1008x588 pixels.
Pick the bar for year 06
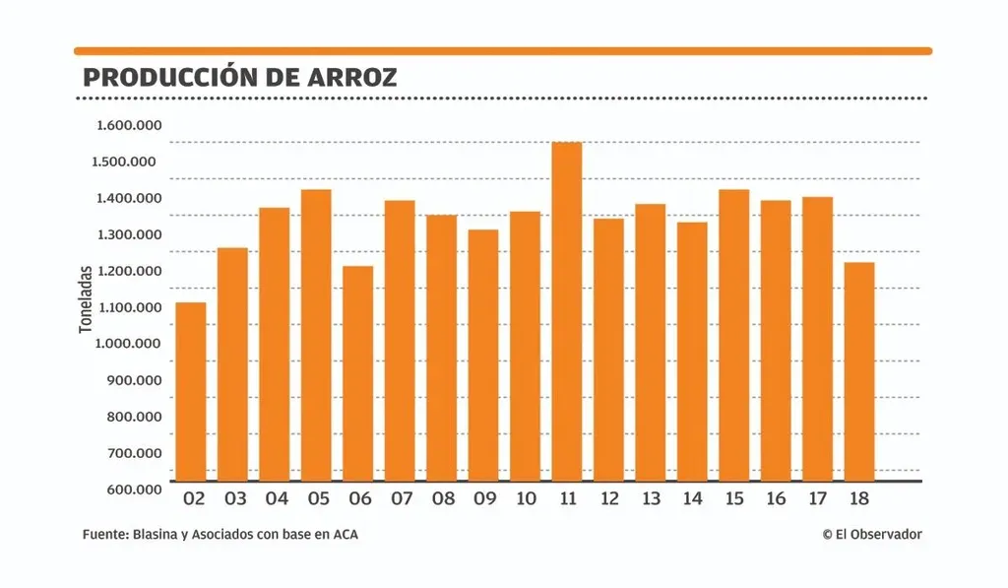tap(357, 373)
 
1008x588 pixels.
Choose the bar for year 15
tap(733, 335)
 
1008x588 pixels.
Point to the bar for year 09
tap(482, 355)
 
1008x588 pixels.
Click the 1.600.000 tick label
tap(129, 125)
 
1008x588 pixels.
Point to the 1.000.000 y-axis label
tap(129, 344)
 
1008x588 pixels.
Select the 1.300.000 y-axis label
tap(129, 234)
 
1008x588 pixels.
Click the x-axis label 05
tap(318, 499)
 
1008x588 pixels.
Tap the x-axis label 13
tap(651, 499)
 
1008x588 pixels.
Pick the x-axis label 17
tap(817, 499)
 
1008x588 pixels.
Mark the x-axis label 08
tap(443, 499)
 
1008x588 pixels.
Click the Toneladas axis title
tap(86, 298)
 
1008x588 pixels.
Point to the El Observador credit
tap(872, 534)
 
